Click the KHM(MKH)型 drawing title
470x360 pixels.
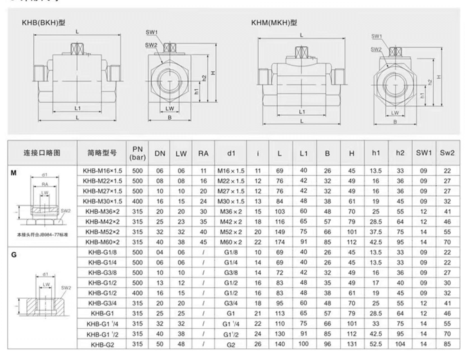pyautogui.click(x=274, y=23)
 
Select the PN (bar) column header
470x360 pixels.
pyautogui.click(x=137, y=153)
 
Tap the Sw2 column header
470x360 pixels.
pyautogui.click(x=447, y=153)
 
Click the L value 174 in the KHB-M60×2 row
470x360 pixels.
pyautogui.click(x=279, y=242)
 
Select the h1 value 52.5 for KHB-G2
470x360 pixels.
pyautogui.click(x=376, y=344)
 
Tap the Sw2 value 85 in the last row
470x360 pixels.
pyautogui.click(x=447, y=344)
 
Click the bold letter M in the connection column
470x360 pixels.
pyautogui.click(x=14, y=173)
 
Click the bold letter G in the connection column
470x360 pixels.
pyautogui.click(x=14, y=255)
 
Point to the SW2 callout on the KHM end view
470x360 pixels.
pyautogui.click(x=376, y=49)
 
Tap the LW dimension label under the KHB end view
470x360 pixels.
pyautogui.click(x=170, y=108)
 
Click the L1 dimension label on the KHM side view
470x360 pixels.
pyautogui.click(x=302, y=112)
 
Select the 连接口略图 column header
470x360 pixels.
pyautogui.click(x=42, y=153)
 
